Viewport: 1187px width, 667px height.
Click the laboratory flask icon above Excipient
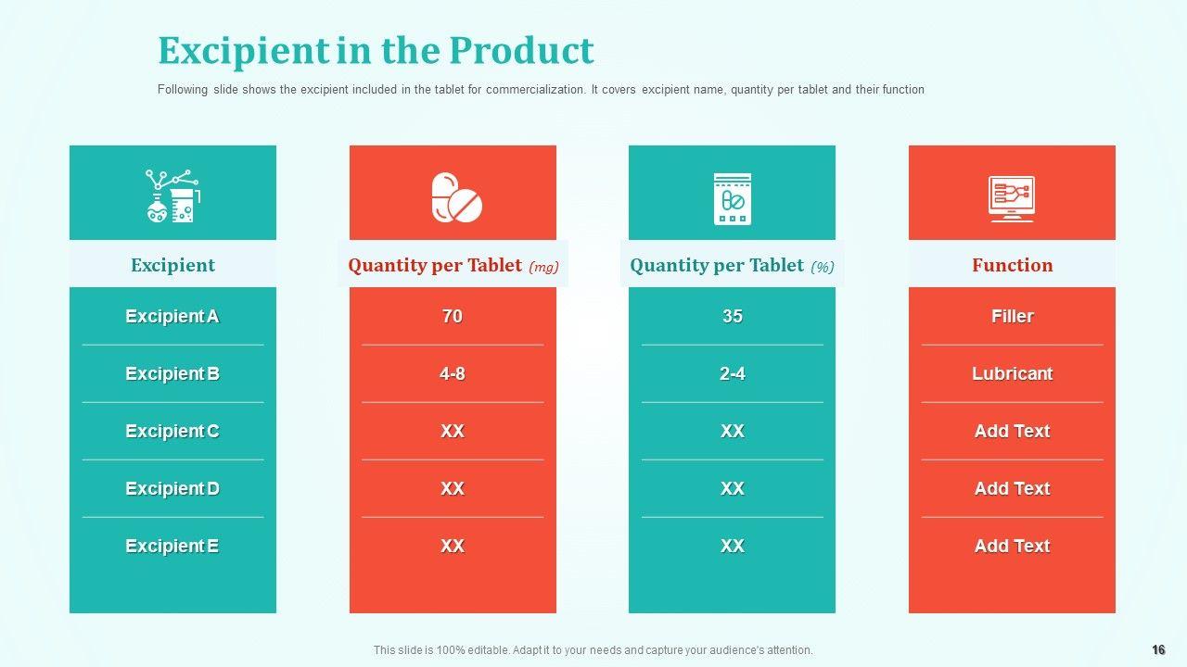(x=172, y=195)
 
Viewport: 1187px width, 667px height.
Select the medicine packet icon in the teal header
(x=732, y=198)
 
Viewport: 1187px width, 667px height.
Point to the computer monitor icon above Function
(x=1011, y=198)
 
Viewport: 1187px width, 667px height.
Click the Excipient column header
(x=172, y=265)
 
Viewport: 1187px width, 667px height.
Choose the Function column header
(x=1012, y=265)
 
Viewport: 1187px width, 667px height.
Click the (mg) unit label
(x=543, y=268)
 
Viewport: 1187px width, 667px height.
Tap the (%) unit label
(x=823, y=268)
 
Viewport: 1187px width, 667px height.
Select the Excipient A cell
(x=172, y=317)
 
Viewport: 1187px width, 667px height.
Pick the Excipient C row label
(x=172, y=432)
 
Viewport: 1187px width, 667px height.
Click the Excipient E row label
(x=172, y=547)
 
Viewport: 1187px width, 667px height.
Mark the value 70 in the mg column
(x=453, y=317)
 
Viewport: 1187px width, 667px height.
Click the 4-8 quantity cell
(x=453, y=374)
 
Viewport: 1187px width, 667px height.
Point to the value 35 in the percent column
(x=733, y=317)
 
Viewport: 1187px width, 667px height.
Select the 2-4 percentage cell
(x=733, y=374)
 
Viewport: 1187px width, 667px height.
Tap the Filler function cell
(x=1012, y=317)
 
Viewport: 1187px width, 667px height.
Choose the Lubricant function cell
(x=1012, y=374)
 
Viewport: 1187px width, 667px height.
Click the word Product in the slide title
(x=521, y=51)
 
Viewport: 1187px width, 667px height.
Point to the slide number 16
(x=1158, y=650)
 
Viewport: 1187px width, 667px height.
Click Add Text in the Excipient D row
(x=1012, y=489)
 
